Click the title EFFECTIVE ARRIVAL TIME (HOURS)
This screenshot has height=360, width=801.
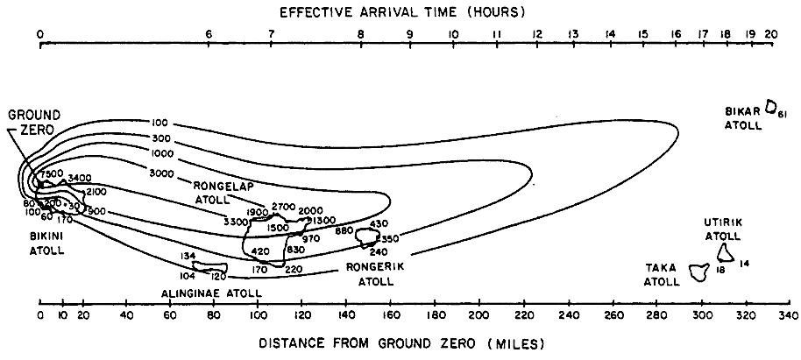point(401,11)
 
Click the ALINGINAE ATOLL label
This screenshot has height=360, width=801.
point(207,293)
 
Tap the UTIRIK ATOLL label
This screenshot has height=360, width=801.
point(723,229)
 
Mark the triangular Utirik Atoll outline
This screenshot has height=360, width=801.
point(726,253)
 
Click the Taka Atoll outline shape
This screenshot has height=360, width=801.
point(698,272)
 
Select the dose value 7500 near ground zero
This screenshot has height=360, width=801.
point(51,173)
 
